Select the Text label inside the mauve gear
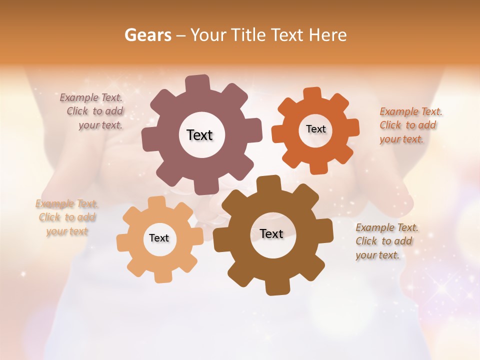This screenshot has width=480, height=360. (x=199, y=135)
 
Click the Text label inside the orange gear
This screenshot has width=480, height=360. (x=315, y=129)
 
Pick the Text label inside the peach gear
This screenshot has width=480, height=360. (x=158, y=238)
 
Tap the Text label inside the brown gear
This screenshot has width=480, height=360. (x=271, y=233)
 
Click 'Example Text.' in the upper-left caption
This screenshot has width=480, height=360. (x=91, y=97)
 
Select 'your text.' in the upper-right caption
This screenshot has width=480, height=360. (x=401, y=139)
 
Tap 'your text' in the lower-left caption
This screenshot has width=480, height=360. (x=67, y=231)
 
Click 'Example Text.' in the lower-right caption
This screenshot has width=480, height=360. (x=387, y=227)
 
